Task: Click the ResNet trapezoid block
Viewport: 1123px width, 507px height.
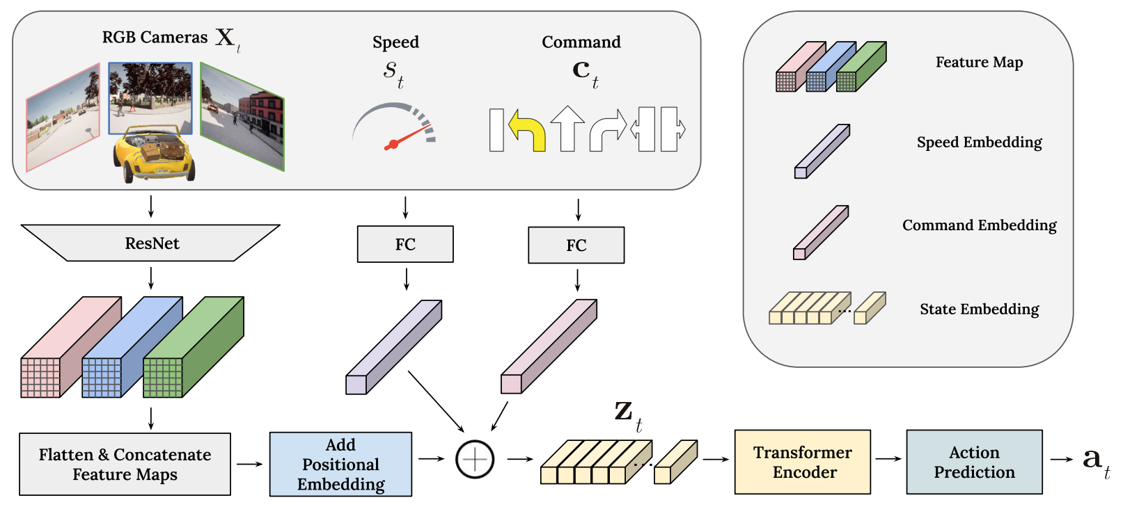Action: (151, 243)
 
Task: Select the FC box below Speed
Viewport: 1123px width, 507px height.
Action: (405, 244)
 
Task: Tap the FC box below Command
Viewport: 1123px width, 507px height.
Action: (576, 246)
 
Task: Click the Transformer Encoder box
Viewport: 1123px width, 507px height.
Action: (802, 462)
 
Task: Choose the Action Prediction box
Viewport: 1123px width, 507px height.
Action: (973, 462)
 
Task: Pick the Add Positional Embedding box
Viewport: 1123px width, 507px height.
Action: (340, 465)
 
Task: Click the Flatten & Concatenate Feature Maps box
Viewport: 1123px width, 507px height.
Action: (125, 465)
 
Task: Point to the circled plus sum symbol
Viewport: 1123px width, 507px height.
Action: (475, 459)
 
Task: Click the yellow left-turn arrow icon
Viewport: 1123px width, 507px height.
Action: (528, 130)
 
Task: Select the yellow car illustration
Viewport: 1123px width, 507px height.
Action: (153, 154)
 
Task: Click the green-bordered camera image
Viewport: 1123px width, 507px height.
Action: (242, 116)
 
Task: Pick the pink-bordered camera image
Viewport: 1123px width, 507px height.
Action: (63, 117)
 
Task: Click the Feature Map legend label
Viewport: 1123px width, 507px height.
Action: (979, 63)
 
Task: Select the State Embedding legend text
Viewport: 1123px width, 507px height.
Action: (979, 309)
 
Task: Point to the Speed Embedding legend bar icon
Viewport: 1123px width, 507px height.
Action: (822, 151)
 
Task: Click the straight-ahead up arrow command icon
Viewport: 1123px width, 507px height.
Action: (567, 129)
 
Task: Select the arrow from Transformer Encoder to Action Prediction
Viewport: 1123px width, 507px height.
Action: (888, 459)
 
